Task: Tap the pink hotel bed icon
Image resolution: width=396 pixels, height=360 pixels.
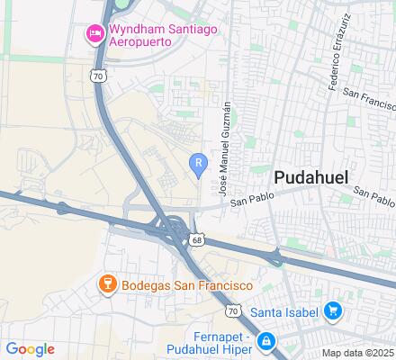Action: click(94, 34)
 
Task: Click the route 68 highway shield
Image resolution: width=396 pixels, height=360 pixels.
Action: click(197, 239)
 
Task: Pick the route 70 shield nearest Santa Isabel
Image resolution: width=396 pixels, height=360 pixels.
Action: click(231, 310)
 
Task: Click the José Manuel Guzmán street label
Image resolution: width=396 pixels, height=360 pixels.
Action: click(225, 148)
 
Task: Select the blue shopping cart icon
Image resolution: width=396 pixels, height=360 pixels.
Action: click(333, 311)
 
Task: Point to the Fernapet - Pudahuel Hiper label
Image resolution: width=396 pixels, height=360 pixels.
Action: click(211, 342)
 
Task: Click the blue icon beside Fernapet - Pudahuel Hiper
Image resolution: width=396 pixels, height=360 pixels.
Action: click(266, 341)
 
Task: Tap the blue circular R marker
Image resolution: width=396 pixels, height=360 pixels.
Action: click(198, 162)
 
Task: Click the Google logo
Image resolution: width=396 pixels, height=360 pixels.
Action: click(30, 349)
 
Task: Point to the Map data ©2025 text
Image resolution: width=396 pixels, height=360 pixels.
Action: click(358, 353)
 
